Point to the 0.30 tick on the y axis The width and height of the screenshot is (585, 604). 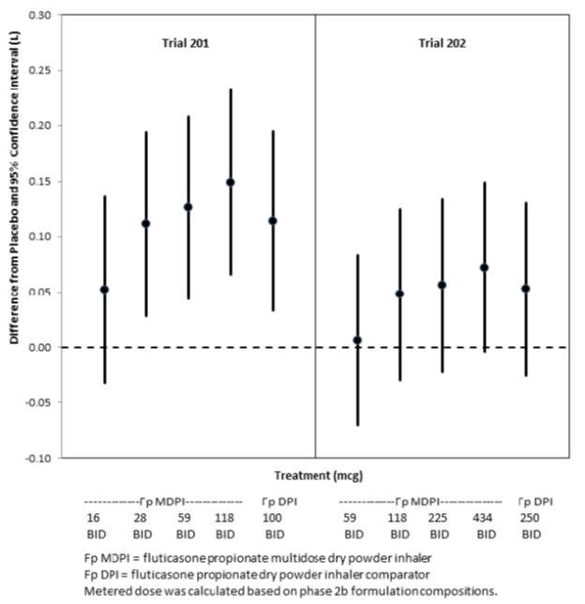pos(41,16)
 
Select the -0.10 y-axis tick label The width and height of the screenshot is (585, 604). pos(40,458)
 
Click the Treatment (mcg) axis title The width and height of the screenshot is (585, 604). pos(313,476)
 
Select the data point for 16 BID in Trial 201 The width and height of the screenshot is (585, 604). pos(104,290)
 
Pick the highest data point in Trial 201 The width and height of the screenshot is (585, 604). pos(231,182)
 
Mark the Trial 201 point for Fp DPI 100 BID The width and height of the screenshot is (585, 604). pos(273,220)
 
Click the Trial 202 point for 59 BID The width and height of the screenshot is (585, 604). pos(357,340)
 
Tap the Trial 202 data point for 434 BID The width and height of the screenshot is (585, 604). pos(485,267)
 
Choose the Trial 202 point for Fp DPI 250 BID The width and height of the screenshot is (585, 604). pos(526,288)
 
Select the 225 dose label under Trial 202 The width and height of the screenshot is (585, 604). pos(441,518)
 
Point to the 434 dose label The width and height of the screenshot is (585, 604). pos(485,518)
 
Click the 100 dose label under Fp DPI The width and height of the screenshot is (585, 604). pos(272,518)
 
